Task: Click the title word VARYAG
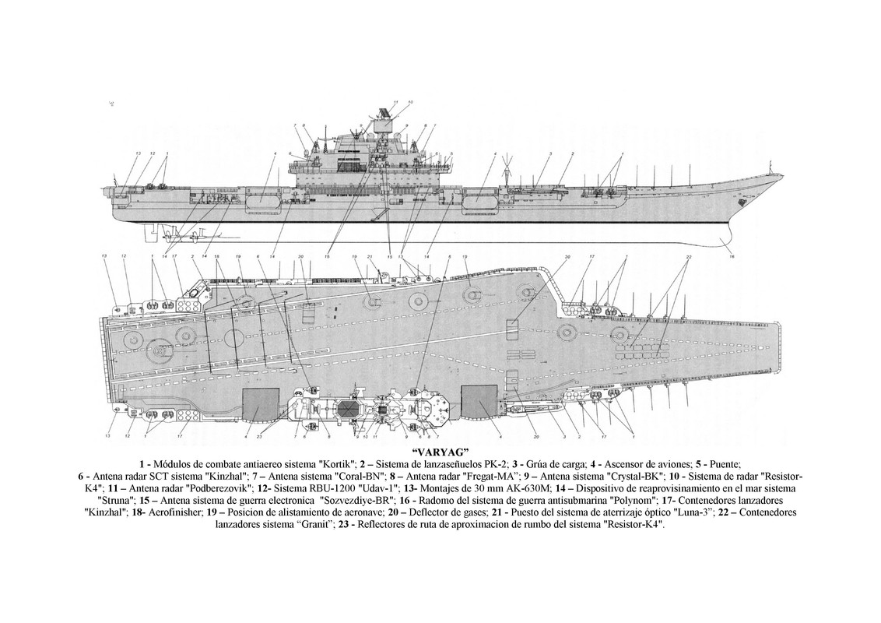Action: coord(440,452)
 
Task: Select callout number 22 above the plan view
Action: coord(688,257)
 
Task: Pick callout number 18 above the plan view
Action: coord(216,256)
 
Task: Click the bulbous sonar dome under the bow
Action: coord(732,232)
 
